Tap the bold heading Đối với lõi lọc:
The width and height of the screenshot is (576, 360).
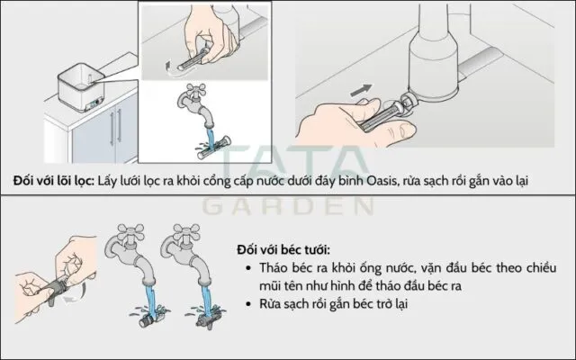tap(54, 181)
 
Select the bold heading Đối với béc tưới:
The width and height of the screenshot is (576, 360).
tap(283, 250)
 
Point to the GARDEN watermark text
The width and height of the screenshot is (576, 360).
tap(288, 206)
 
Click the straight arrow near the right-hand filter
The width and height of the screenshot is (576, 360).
tap(361, 91)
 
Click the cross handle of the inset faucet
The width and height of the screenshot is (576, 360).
tap(196, 91)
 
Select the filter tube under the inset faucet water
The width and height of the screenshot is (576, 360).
tap(214, 148)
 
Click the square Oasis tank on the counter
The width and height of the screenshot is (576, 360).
tap(82, 88)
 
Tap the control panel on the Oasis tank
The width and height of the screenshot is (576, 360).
tap(93, 105)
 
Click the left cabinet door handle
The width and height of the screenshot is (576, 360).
tap(112, 128)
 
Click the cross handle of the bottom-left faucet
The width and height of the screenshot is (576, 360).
tap(130, 232)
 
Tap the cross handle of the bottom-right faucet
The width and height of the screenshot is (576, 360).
tap(186, 232)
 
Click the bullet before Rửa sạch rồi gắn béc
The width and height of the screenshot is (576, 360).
tap(249, 304)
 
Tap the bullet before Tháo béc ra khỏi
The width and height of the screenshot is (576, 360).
tap(249, 268)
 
